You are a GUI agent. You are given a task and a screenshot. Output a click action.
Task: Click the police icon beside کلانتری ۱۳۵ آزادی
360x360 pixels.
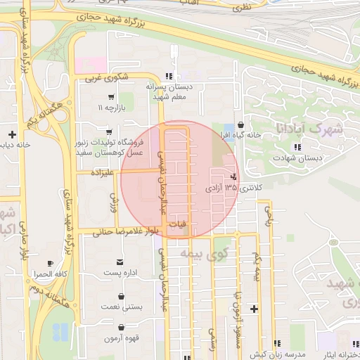233,177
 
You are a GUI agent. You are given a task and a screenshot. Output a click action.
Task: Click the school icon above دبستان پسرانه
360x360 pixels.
168,76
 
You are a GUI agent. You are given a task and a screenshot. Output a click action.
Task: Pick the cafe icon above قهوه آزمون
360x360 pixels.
122,327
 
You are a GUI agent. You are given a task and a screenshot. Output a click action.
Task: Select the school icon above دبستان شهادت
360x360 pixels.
298,147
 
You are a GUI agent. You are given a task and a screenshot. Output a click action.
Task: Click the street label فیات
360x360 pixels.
179,224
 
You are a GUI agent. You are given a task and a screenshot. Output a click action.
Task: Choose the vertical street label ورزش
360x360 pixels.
110,204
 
